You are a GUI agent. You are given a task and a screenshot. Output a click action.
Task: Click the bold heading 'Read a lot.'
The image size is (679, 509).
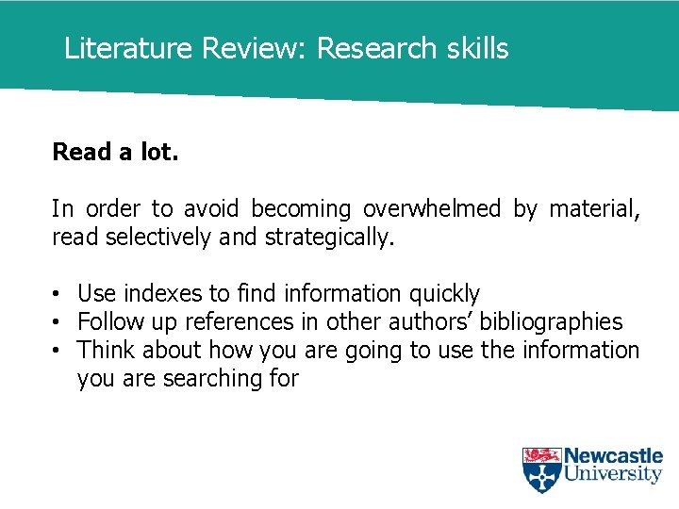tap(115, 152)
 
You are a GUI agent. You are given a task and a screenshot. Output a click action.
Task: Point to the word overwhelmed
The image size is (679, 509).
tap(432, 208)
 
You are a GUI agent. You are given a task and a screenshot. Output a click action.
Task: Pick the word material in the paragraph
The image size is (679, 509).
tap(593, 208)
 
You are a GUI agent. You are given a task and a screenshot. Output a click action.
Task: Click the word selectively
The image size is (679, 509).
tap(158, 237)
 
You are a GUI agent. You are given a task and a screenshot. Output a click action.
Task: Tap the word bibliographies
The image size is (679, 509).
tap(551, 322)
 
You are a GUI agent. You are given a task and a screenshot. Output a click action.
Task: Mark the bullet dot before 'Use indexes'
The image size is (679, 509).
tap(58, 295)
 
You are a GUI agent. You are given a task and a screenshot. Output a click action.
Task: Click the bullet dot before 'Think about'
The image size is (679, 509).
tap(58, 352)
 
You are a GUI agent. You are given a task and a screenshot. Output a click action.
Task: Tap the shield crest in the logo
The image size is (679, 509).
tap(541, 469)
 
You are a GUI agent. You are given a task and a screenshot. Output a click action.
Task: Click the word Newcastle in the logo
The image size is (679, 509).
tap(613, 456)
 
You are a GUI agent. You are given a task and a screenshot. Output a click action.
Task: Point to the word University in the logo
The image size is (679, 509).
tap(613, 474)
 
